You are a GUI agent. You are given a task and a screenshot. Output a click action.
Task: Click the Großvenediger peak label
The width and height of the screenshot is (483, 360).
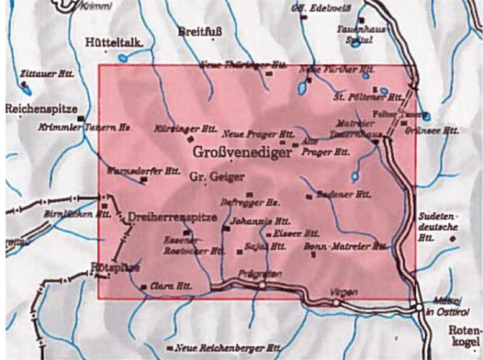[242, 152]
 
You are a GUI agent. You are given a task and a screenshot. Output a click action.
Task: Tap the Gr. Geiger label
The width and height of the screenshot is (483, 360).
[217, 177]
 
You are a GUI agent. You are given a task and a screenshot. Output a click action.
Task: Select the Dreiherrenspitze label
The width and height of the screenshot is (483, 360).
[172, 217]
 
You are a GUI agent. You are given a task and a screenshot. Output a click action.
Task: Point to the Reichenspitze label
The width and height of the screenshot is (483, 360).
[41, 109]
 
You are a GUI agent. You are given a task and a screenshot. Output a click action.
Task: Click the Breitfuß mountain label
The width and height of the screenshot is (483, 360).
[200, 31]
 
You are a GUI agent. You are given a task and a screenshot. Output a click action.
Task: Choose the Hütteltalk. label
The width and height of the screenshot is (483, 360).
[114, 42]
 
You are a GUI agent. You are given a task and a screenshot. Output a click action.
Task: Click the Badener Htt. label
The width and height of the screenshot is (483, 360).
[343, 195]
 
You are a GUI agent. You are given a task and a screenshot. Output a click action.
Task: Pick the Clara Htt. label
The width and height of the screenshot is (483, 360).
[171, 286]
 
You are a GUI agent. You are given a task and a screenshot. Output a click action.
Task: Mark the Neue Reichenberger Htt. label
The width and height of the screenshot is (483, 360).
[228, 348]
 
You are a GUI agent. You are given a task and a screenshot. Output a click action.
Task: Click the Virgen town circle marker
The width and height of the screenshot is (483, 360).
[336, 303]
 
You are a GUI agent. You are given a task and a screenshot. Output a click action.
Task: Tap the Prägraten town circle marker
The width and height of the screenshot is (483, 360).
[262, 286]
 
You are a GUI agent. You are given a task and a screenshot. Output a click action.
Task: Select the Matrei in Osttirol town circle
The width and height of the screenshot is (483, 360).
[419, 308]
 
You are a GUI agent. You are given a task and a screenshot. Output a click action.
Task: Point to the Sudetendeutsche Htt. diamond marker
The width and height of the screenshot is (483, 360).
[453, 238]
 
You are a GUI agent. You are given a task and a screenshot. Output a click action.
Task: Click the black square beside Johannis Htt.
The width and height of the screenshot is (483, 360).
[227, 229]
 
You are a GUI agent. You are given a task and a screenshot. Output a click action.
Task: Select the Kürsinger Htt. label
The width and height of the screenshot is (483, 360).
[186, 129]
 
